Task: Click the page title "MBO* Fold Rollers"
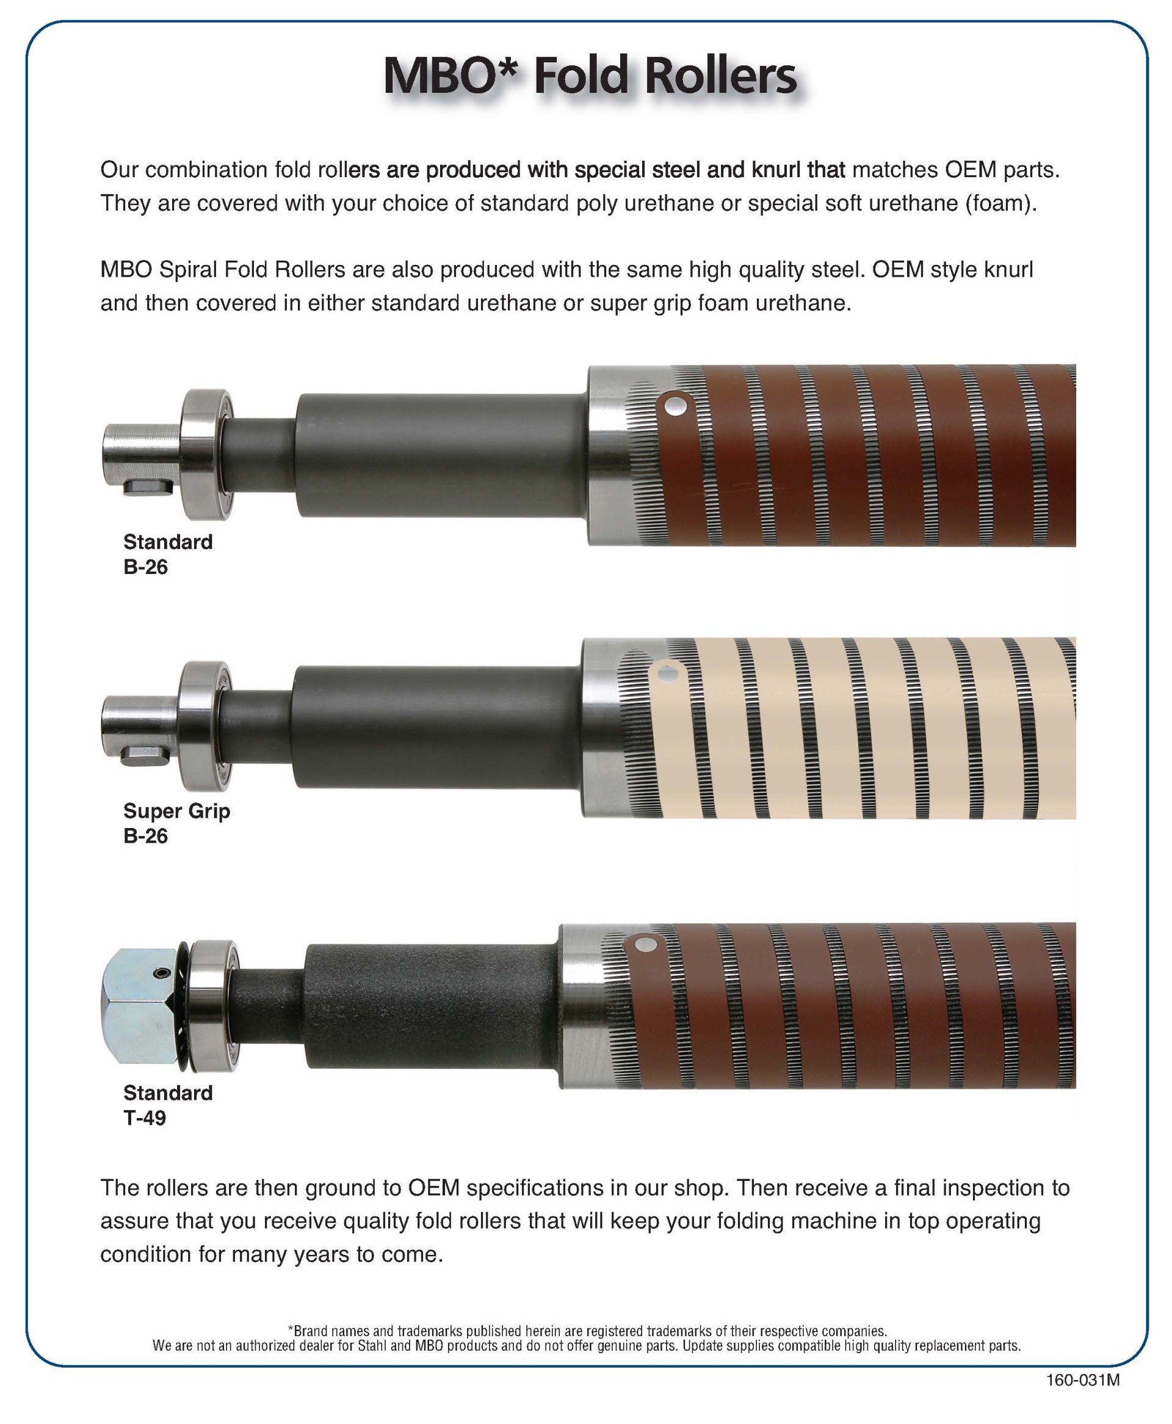590,76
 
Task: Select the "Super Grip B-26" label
176,823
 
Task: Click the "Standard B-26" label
167,554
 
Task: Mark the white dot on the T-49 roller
647,943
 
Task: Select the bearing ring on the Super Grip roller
206,725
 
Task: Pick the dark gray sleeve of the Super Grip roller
436,727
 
